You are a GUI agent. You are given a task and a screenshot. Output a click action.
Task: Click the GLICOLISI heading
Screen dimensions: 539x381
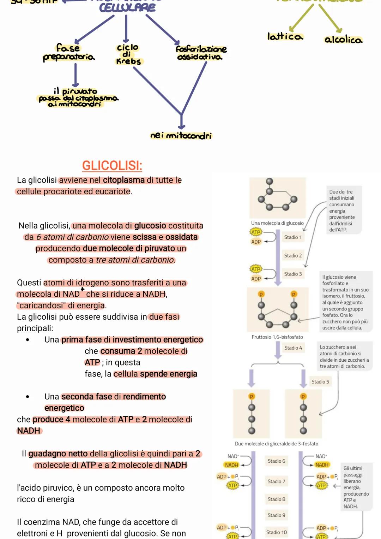click(112, 165)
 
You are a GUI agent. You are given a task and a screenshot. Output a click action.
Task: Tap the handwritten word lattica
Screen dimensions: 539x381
click(285, 36)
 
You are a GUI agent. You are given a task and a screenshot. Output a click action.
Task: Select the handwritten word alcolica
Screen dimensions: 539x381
click(343, 40)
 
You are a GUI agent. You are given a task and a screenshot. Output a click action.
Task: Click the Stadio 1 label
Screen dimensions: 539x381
click(293, 237)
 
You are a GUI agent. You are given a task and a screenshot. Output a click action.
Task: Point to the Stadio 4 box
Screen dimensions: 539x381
click(293, 348)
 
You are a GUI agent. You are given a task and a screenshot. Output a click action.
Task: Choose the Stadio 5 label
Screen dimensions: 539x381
click(320, 382)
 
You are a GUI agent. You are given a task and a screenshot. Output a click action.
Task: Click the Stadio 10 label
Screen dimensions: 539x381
click(276, 532)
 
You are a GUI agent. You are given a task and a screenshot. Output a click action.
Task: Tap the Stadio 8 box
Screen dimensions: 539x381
click(276, 499)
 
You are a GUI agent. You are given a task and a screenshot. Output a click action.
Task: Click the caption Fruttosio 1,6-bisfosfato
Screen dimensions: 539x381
click(277, 337)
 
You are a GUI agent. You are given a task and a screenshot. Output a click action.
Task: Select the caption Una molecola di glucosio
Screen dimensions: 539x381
click(277, 223)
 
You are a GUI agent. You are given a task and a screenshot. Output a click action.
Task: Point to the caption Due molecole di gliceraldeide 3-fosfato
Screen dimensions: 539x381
click(277, 444)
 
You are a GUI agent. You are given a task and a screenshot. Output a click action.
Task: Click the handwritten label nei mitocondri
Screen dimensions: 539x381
click(181, 136)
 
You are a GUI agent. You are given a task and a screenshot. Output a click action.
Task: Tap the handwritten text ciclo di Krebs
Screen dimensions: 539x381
click(128, 54)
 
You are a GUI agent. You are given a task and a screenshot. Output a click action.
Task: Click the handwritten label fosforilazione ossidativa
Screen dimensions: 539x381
click(201, 53)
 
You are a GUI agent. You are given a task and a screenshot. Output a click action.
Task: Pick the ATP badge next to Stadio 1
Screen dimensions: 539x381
click(256, 232)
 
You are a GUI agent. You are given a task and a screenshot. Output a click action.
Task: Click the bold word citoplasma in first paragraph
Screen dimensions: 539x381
click(124, 180)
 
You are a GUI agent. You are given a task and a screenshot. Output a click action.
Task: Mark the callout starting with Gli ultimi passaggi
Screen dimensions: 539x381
click(356, 487)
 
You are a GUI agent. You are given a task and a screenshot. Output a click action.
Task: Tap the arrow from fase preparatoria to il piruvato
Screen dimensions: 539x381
click(75, 75)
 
